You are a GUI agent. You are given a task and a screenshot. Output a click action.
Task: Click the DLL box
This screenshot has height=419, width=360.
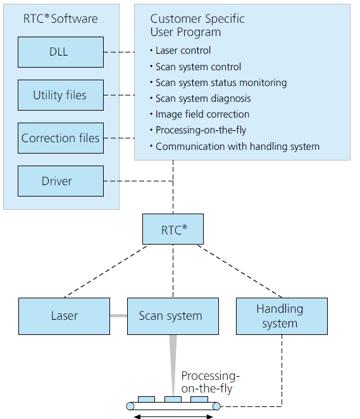click(x=61, y=52)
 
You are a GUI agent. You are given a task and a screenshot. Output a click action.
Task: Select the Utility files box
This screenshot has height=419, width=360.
click(x=61, y=95)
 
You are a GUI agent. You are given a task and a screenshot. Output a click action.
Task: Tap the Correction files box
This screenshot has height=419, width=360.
click(x=61, y=138)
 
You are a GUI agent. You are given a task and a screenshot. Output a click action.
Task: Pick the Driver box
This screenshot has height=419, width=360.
click(x=61, y=181)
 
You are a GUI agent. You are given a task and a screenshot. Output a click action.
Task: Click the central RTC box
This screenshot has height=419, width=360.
click(x=173, y=229)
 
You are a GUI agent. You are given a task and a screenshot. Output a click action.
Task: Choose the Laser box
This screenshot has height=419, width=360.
click(x=64, y=316)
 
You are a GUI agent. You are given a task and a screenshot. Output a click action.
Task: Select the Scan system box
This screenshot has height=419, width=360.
click(x=173, y=316)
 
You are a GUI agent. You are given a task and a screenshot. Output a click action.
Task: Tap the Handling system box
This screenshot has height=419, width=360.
click(x=282, y=316)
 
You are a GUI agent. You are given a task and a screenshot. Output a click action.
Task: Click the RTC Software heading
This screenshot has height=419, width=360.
click(x=61, y=19)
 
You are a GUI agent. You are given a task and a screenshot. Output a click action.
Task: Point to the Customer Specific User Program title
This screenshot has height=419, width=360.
click(x=197, y=25)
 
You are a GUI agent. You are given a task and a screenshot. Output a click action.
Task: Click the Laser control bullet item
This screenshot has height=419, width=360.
click(x=180, y=51)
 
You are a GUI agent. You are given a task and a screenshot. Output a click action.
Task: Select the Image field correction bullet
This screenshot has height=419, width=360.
click(x=200, y=114)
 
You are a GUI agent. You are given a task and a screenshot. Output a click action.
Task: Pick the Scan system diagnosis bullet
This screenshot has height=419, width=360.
click(x=201, y=99)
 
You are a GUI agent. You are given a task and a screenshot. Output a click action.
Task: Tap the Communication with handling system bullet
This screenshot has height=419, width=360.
click(x=235, y=147)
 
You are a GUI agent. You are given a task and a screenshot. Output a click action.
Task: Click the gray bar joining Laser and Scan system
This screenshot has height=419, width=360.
click(x=118, y=315)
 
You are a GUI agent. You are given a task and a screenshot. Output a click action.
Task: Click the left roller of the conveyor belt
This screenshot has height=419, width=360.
click(x=130, y=406)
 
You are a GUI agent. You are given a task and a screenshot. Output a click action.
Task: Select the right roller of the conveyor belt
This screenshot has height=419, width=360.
click(x=216, y=406)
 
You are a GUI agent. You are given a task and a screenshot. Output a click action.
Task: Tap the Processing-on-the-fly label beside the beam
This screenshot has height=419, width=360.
click(x=210, y=382)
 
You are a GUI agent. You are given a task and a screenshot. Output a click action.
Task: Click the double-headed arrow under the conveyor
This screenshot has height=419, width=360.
click(x=173, y=416)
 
